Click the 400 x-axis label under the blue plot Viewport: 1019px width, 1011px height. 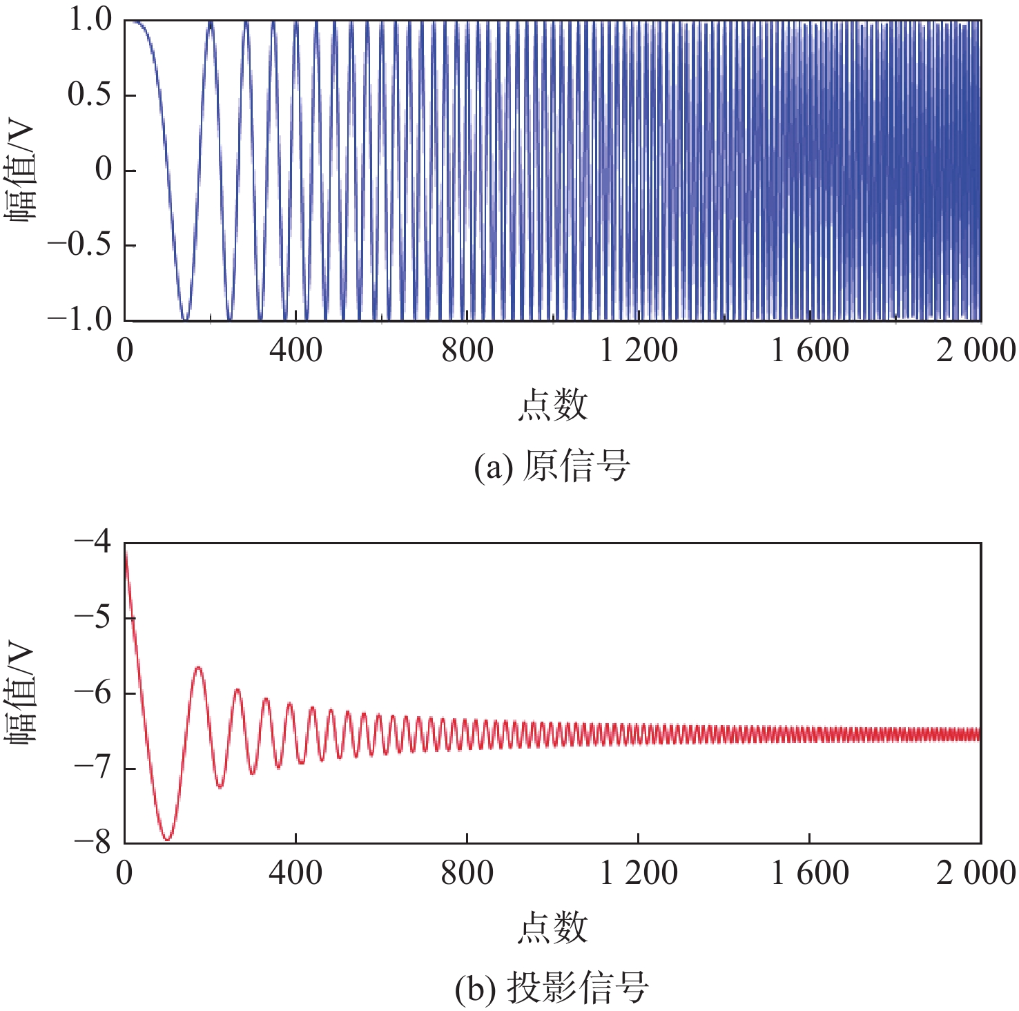tap(295, 351)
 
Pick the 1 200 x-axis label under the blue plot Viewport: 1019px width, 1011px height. tap(638, 351)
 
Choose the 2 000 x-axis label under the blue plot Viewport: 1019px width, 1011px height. tap(976, 351)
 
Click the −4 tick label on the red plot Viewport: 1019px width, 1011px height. tap(93, 542)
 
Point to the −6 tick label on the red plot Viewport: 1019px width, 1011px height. tap(93, 693)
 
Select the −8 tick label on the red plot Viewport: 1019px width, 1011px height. tap(93, 842)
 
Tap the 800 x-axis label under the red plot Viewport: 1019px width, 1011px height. tap(467, 874)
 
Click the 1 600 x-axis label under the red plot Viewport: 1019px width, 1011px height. tap(809, 874)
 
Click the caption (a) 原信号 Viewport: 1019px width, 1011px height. tap(552, 466)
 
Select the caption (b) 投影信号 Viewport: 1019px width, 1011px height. tap(552, 989)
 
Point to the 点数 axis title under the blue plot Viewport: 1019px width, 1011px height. tap(552, 405)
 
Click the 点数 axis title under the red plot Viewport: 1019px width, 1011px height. tap(552, 928)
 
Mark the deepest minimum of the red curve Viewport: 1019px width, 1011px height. tap(167, 840)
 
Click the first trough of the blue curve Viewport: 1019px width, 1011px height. tap(184, 319)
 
